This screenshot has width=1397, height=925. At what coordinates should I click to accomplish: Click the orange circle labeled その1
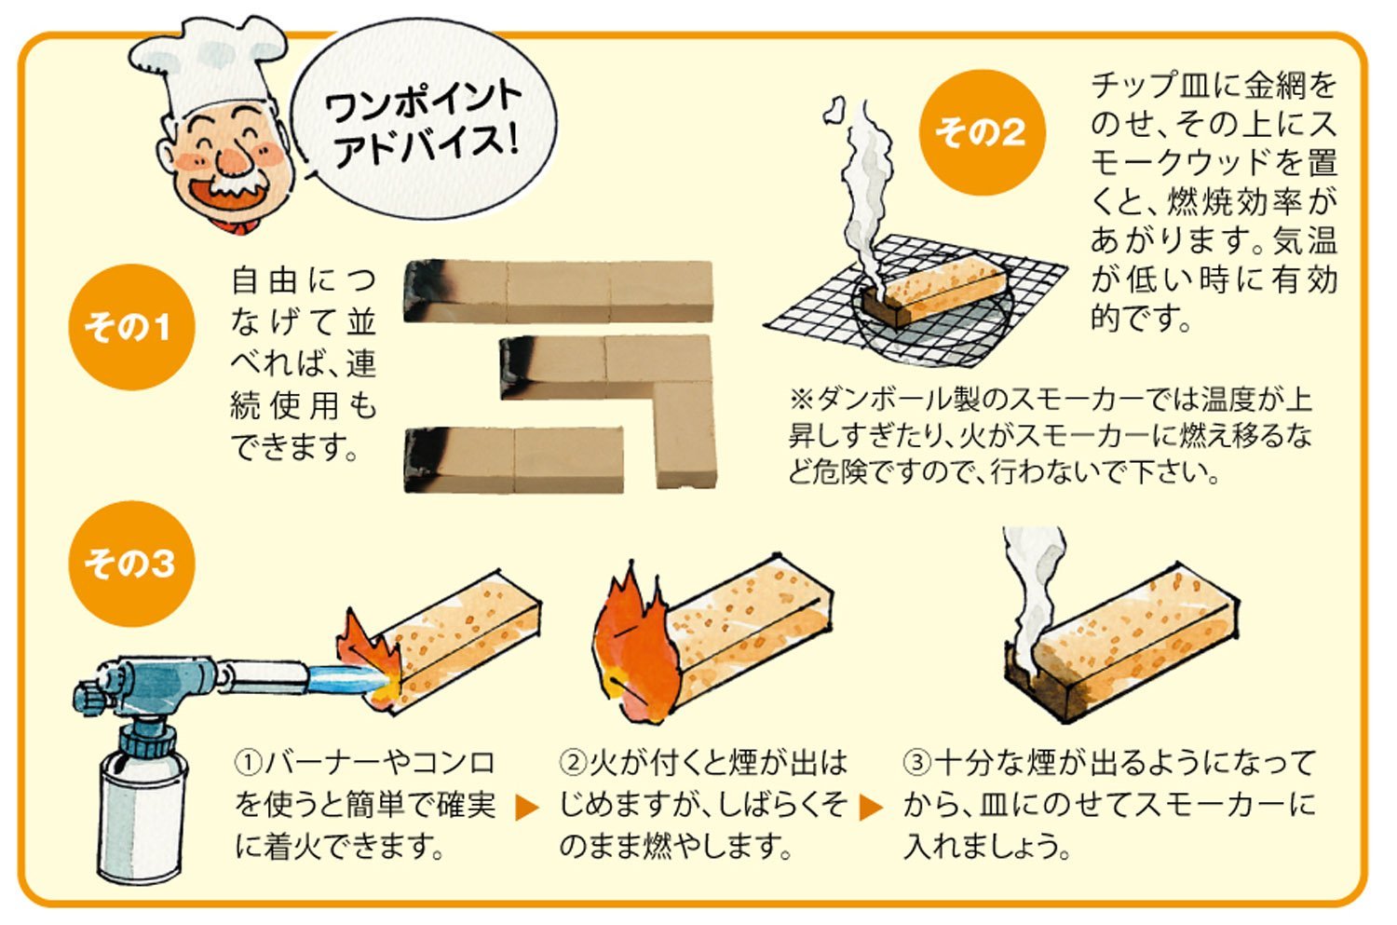coord(131,327)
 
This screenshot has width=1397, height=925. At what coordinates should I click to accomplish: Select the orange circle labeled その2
coord(983,132)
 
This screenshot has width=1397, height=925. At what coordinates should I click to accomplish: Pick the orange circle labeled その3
coord(131,564)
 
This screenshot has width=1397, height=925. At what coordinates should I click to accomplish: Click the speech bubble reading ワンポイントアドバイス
coord(424,122)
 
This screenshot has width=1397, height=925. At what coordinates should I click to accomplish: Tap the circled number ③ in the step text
coord(916,763)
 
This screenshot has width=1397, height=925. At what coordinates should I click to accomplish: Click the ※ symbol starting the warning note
coord(799,400)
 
